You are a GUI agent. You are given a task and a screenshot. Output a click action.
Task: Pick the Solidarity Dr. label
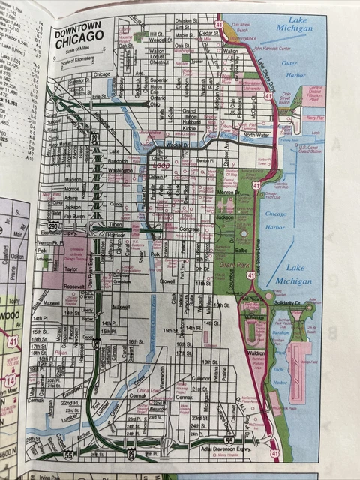click(285, 302)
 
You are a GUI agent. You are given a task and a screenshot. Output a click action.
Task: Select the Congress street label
click(189, 229)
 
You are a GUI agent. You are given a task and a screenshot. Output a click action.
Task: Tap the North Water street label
click(256, 136)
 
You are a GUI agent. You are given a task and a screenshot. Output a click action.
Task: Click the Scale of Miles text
click(76, 50)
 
